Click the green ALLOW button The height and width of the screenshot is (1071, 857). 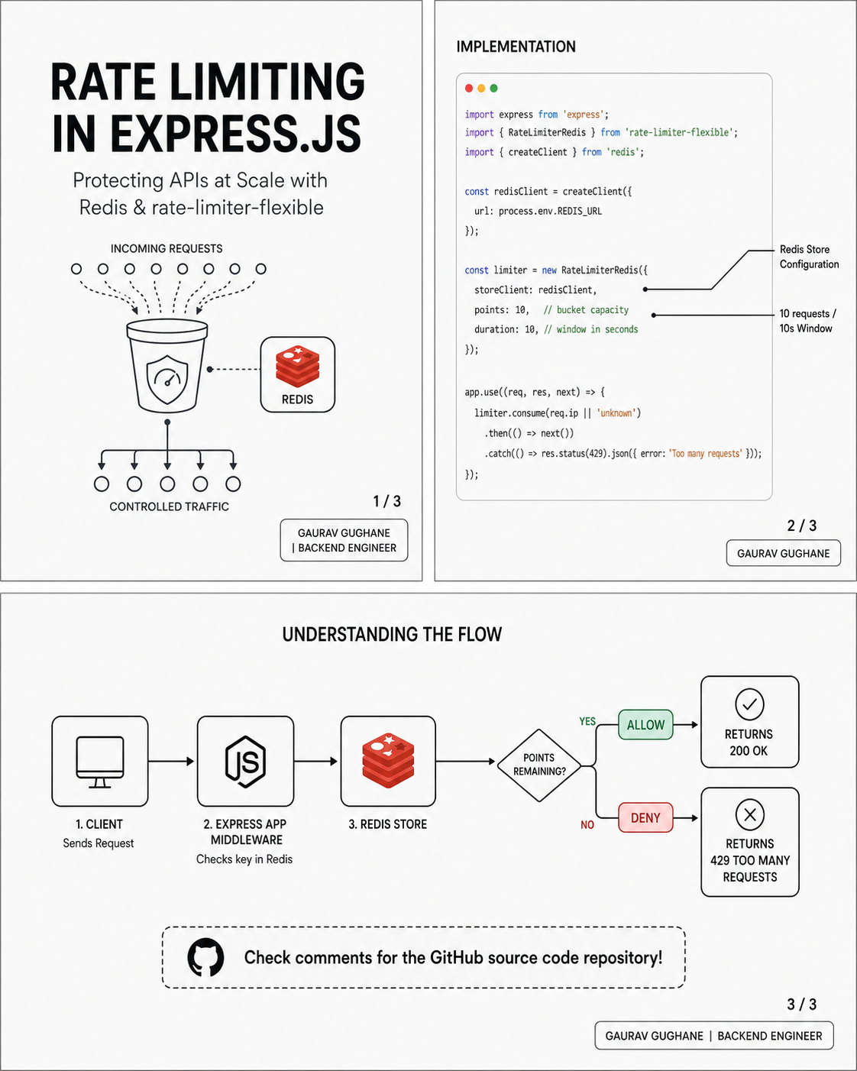pyautogui.click(x=645, y=725)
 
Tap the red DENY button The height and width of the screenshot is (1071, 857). pyautogui.click(x=645, y=817)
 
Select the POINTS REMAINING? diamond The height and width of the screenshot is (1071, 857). pyautogui.click(x=539, y=765)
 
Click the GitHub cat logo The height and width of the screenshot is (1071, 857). pyautogui.click(x=205, y=957)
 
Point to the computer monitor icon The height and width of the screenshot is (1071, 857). pyautogui.click(x=99, y=762)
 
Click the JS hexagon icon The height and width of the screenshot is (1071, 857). pyautogui.click(x=245, y=762)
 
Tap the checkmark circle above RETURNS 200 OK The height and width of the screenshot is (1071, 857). pyautogui.click(x=749, y=704)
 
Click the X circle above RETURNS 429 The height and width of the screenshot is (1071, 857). pyautogui.click(x=750, y=814)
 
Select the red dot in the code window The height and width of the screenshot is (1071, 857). pyautogui.click(x=469, y=88)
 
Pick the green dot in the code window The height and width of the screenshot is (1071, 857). pyautogui.click(x=493, y=88)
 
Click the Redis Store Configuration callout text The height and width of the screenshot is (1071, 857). pyautogui.click(x=809, y=257)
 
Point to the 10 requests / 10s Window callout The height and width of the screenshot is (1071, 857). pyautogui.click(x=807, y=321)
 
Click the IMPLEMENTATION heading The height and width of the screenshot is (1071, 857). pyautogui.click(x=516, y=47)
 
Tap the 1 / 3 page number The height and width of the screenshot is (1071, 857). pyautogui.click(x=387, y=501)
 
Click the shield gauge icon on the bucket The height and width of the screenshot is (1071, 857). pyautogui.click(x=167, y=380)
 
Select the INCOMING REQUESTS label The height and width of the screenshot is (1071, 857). pyautogui.click(x=167, y=248)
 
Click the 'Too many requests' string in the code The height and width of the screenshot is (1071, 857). pyautogui.click(x=706, y=454)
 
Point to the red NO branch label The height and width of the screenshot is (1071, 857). pyautogui.click(x=587, y=825)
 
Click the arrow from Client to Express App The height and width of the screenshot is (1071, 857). pyautogui.click(x=171, y=761)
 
